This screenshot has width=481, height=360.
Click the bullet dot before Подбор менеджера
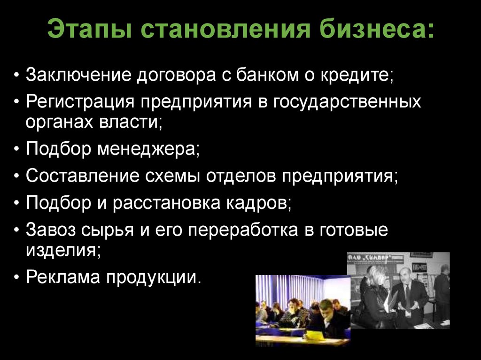point(17,150)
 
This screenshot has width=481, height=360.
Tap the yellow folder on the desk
point(315,335)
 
